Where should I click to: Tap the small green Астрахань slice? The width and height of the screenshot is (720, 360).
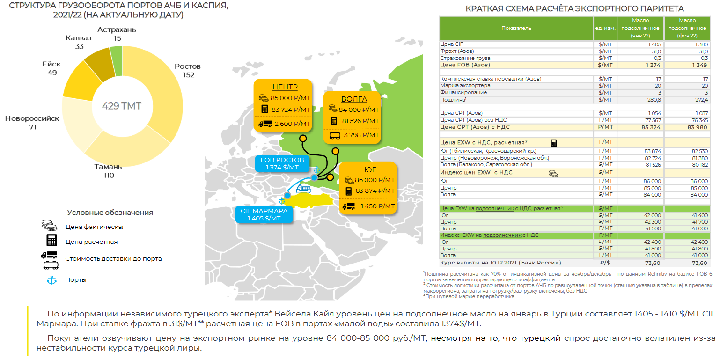point(117,60)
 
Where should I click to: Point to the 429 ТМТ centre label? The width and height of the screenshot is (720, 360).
point(122,106)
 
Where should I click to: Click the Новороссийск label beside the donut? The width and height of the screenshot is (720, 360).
point(32,118)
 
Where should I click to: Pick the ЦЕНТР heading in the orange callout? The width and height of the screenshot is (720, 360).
point(285,87)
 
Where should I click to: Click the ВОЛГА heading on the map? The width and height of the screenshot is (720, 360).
point(354,99)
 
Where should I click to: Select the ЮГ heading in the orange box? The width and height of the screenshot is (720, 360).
point(370,169)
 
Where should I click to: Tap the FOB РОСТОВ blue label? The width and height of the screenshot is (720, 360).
point(282,163)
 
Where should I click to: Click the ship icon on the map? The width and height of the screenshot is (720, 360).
point(303,189)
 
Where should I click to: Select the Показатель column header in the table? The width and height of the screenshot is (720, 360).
point(516,28)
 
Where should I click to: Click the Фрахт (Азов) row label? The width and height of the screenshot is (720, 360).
point(457,51)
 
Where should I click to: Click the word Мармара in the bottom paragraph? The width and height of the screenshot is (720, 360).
point(52,323)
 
